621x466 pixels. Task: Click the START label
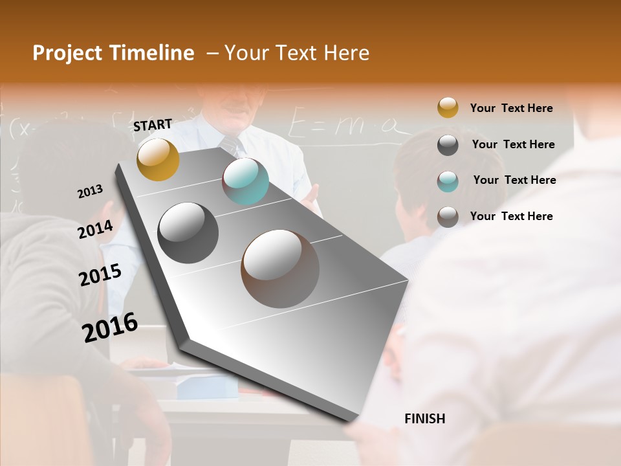point(153,125)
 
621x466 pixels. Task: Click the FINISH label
point(425,419)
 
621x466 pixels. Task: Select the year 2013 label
point(91,192)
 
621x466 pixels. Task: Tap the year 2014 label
point(96,229)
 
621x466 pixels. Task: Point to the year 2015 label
point(100,274)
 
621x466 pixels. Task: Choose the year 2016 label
point(110,327)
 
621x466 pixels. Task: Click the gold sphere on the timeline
point(158,159)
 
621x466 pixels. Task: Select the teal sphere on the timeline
point(245,181)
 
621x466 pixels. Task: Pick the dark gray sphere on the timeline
point(188,233)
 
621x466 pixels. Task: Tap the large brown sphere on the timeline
point(280,269)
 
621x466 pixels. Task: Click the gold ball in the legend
point(448,107)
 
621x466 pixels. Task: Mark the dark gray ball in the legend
point(448,144)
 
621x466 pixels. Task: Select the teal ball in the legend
point(448,181)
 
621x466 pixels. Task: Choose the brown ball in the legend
point(448,216)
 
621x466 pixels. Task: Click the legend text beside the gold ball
point(511,108)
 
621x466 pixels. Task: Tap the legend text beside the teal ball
point(514,180)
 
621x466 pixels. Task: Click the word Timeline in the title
point(153,53)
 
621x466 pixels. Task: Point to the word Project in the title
point(68,53)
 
